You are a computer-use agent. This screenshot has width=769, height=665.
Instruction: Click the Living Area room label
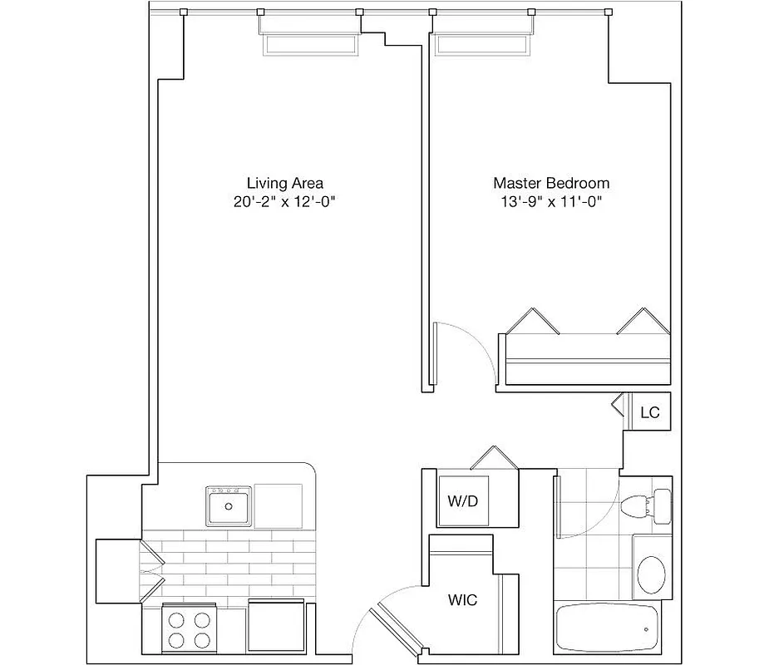pos(284,183)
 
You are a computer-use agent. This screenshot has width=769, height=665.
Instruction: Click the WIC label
pos(462,600)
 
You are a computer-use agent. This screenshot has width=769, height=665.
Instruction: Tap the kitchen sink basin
pos(229,505)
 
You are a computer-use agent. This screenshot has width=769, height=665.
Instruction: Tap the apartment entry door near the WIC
pos(391,628)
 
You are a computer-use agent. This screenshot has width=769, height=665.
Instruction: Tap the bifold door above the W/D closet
pos(494,458)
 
